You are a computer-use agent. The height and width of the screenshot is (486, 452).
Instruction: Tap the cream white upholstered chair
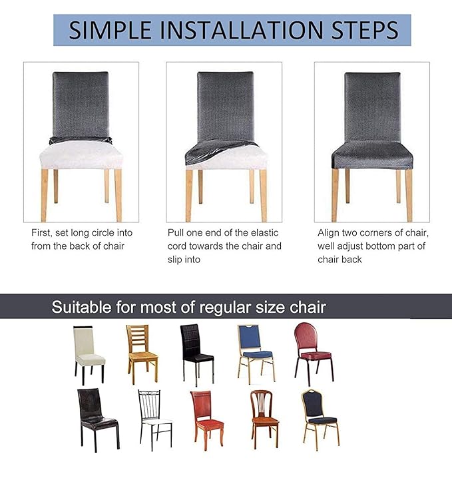click(x=89, y=353)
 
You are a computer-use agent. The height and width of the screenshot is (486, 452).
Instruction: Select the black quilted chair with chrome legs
click(x=197, y=353)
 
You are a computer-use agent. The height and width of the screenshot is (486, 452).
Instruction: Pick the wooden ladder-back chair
click(x=141, y=352)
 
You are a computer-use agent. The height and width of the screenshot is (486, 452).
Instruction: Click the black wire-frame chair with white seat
click(x=154, y=417)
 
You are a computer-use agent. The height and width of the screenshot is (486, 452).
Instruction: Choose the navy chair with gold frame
click(x=320, y=416)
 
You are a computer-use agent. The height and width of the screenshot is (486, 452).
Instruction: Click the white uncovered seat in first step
click(x=81, y=156)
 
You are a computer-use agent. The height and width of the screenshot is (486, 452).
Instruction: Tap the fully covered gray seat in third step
click(x=372, y=158)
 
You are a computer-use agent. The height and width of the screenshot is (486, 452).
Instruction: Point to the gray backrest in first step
click(x=81, y=103)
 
